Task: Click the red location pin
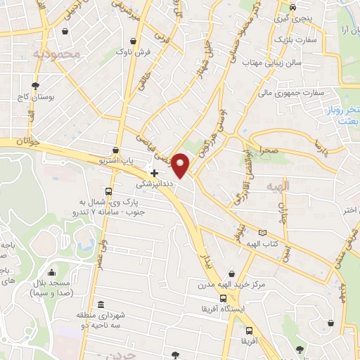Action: pyautogui.click(x=181, y=165)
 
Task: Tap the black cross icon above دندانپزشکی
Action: pyautogui.click(x=155, y=172)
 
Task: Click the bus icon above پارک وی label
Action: pyautogui.click(x=108, y=191)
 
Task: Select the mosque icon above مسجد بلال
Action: pyautogui.click(x=51, y=273)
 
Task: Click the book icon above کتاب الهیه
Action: pyautogui.click(x=263, y=232)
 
